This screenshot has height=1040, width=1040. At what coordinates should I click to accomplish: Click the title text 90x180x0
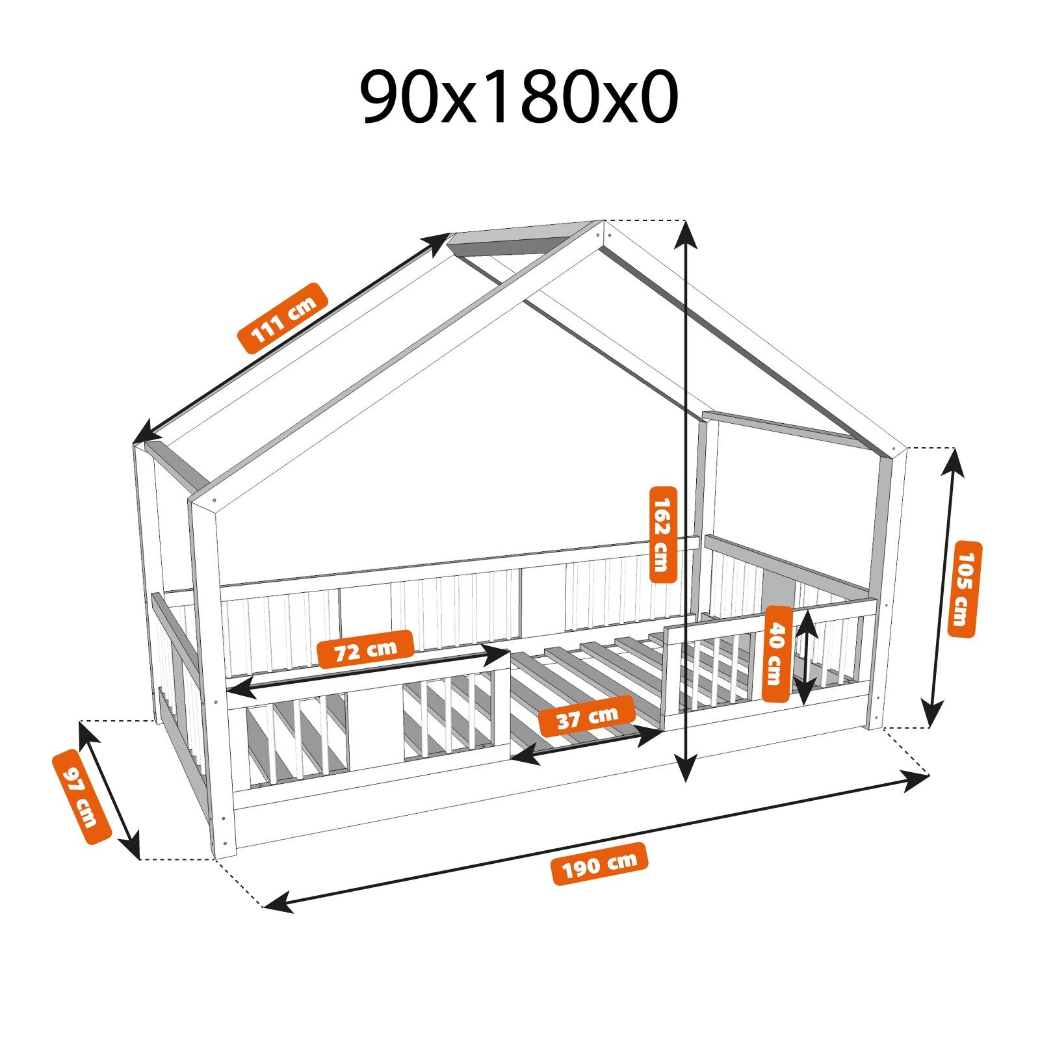(519, 97)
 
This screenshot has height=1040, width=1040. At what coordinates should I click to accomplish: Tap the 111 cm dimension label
(283, 318)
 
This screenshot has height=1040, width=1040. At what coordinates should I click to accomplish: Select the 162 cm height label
(663, 534)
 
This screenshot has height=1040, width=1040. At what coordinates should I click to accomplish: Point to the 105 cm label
(965, 589)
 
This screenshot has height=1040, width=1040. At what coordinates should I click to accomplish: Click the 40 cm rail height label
(777, 654)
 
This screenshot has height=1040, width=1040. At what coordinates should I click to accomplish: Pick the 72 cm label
(365, 649)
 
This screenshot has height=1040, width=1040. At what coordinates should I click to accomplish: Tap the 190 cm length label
(599, 864)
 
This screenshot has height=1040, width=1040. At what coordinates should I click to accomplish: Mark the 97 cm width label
(82, 796)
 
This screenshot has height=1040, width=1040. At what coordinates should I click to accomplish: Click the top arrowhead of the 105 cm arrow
(954, 458)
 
